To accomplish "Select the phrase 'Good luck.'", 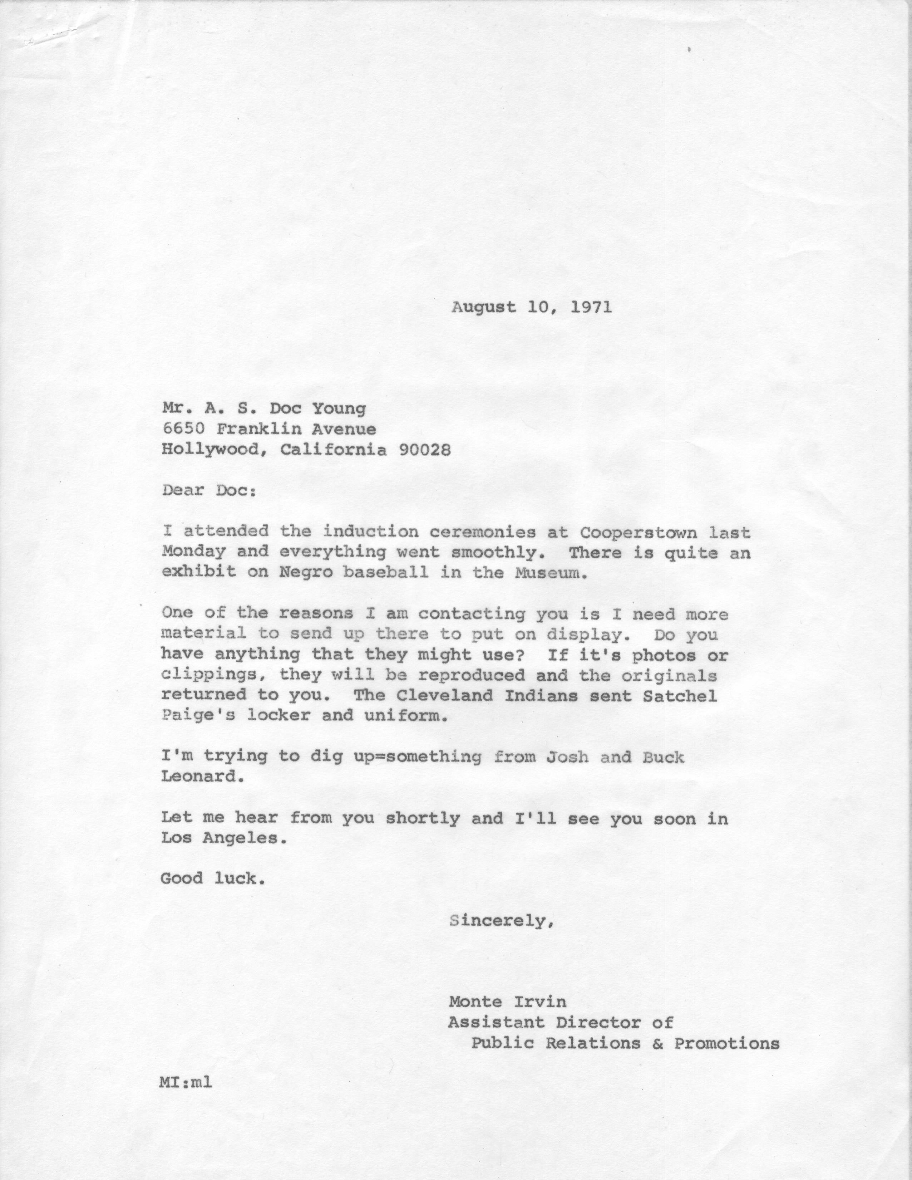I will pos(213,878).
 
